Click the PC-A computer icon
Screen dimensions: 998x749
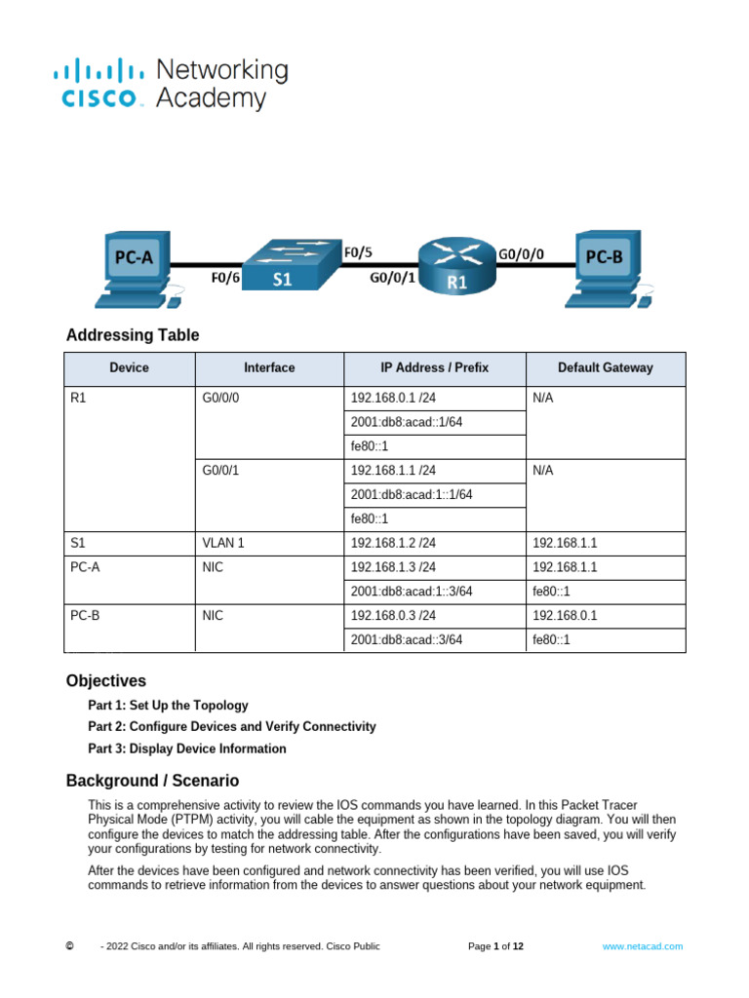coord(135,263)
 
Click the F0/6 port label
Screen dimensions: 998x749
coord(225,278)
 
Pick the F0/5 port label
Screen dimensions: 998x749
coord(358,251)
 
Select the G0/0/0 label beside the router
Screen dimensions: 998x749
coord(522,253)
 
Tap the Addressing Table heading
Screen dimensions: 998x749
coord(133,335)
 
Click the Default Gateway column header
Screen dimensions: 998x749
coord(605,368)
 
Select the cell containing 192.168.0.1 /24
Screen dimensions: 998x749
coord(393,398)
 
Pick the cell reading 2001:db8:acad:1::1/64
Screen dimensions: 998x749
coord(411,494)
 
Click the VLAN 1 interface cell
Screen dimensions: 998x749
coord(223,543)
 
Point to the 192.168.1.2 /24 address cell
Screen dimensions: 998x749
coord(393,543)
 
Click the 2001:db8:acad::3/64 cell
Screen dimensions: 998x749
coord(406,640)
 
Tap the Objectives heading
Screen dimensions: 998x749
coord(106,680)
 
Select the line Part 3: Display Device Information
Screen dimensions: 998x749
coord(187,748)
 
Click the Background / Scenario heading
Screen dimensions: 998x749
coord(152,781)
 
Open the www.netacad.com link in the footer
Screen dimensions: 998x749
coord(642,946)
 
